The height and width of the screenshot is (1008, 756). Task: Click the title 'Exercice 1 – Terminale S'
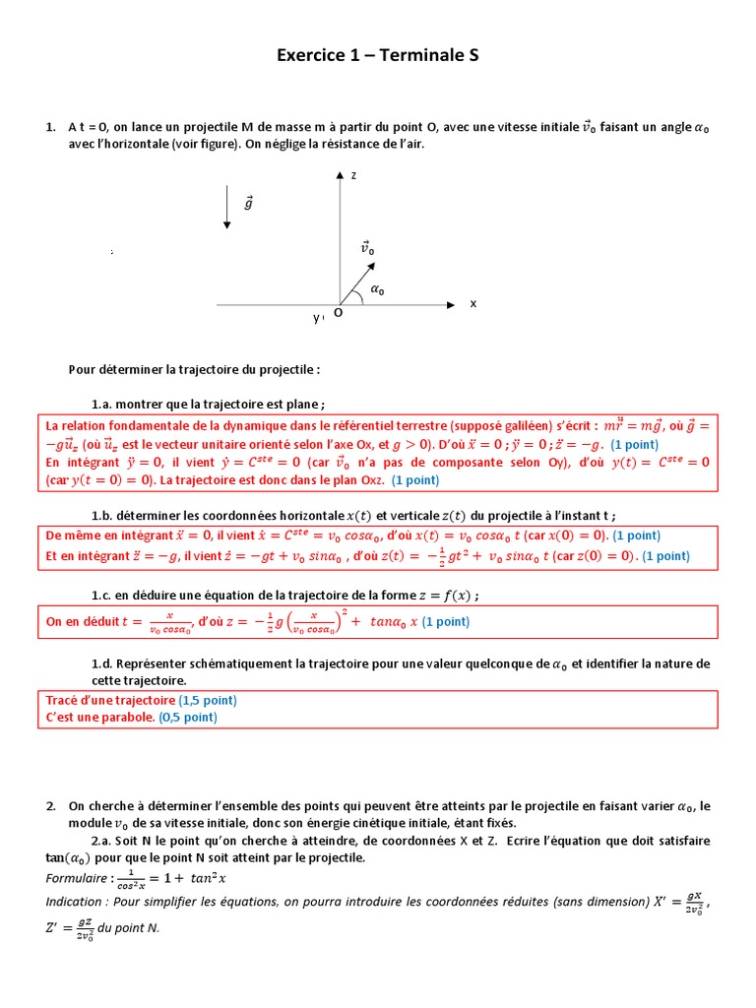[x=377, y=56]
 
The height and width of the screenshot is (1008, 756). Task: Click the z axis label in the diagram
[x=352, y=175]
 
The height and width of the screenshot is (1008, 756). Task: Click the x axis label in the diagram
[x=472, y=303]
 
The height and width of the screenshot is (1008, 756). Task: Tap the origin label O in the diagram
[x=338, y=312]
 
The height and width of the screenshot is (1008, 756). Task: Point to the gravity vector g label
[x=248, y=203]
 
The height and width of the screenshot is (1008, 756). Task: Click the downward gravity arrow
[x=227, y=208]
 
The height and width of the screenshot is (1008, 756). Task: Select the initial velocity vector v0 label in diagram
[x=367, y=248]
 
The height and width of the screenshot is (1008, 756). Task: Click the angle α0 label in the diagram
[x=377, y=290]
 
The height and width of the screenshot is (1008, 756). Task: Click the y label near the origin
[x=317, y=318]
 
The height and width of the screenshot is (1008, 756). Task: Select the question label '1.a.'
[x=102, y=404]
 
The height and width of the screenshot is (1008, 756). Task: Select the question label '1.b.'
[x=102, y=515]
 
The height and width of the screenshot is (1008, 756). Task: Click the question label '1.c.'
[x=102, y=595]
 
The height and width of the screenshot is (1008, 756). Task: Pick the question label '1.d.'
[x=102, y=664]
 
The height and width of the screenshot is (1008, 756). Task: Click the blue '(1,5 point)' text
[x=209, y=700]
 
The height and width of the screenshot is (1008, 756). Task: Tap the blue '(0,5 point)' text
[x=188, y=717]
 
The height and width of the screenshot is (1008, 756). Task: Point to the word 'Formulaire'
[x=77, y=878]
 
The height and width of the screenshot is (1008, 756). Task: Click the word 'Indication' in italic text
[x=75, y=902]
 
